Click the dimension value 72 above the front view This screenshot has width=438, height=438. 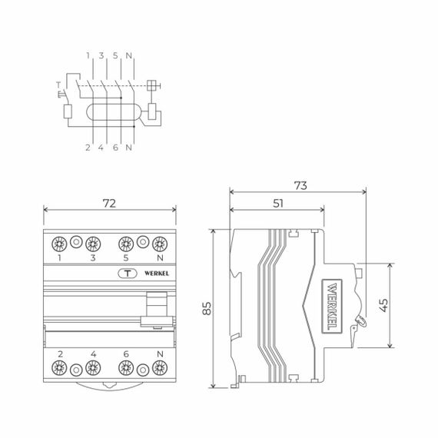coord(109,203)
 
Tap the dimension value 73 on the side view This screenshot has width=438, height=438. coord(300,185)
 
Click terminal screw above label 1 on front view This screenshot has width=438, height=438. coord(59,244)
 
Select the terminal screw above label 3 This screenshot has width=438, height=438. coord(93,244)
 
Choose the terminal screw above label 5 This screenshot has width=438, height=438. coord(126,244)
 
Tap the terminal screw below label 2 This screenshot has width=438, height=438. coord(59,367)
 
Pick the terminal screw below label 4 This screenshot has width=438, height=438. coord(93,367)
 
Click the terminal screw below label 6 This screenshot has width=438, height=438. coord(126,367)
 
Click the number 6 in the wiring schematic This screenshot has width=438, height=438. coord(115,147)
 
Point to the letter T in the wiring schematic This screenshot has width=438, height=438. coord(57,84)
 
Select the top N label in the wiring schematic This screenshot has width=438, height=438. coord(128,55)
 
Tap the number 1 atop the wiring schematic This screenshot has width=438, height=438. coord(89,55)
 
